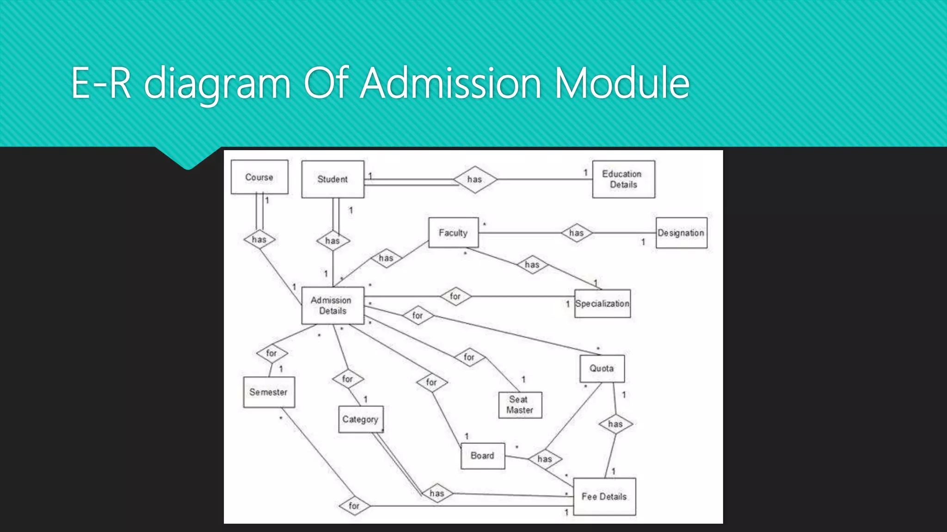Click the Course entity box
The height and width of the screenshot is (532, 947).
259,177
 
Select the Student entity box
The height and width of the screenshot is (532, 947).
332,179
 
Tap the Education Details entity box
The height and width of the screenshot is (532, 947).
623,179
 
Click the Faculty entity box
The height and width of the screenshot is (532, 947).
453,233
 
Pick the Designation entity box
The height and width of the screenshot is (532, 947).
681,233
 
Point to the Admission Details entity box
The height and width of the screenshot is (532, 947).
332,305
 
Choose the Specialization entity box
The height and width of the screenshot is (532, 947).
602,303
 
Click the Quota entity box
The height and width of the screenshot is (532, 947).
602,368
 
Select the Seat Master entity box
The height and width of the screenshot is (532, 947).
520,405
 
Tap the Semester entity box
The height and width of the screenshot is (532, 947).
269,392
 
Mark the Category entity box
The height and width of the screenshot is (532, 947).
361,419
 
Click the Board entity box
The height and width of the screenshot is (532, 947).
482,456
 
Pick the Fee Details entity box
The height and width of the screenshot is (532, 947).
604,496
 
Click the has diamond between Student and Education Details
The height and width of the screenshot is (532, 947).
475,179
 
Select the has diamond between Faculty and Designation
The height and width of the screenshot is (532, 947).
577,233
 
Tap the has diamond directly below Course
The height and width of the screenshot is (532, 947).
259,239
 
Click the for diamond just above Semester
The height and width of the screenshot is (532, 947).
272,353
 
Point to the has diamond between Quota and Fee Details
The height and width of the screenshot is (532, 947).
615,424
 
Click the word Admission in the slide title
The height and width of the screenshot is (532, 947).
450,83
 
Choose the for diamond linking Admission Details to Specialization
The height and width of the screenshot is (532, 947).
455,296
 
